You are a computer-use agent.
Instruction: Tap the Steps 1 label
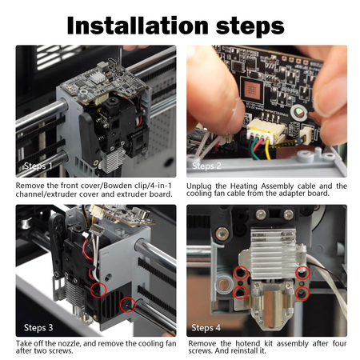pyautogui.click(x=38, y=167)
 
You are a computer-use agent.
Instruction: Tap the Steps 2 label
pyautogui.click(x=207, y=167)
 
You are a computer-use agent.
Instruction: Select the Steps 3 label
pyautogui.click(x=38, y=326)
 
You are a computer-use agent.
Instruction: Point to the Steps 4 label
pyautogui.click(x=207, y=326)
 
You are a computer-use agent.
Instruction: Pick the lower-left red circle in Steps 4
pyautogui.click(x=240, y=293)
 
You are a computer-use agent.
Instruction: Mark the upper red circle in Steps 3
pyautogui.click(x=98, y=287)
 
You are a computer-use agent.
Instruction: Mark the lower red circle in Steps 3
pyautogui.click(x=126, y=304)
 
